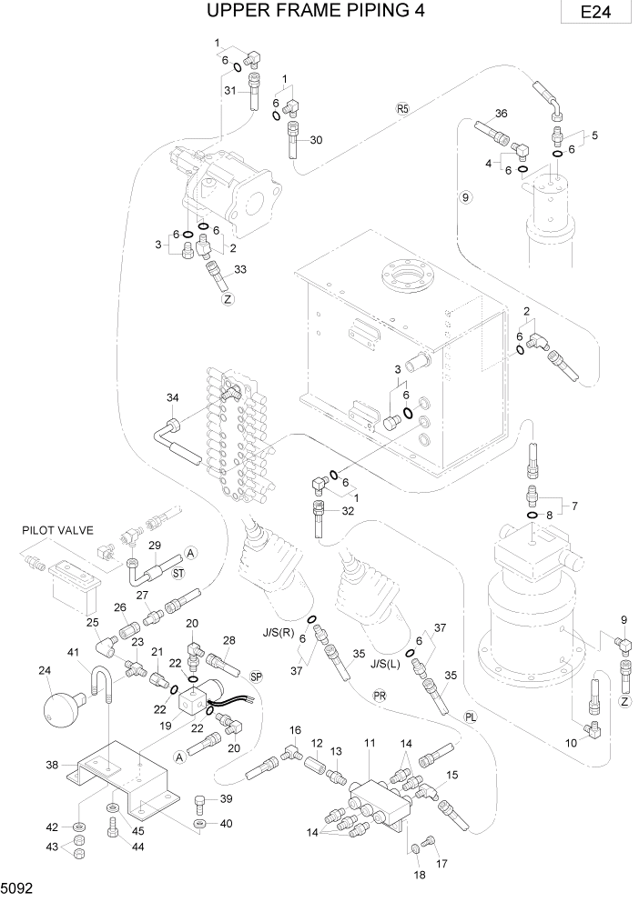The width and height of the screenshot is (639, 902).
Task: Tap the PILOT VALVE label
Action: [x=58, y=528]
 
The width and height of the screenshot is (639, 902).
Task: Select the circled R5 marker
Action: [x=404, y=108]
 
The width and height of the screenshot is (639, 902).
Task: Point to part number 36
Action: [x=500, y=114]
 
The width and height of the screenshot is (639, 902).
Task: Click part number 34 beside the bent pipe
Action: [x=172, y=397]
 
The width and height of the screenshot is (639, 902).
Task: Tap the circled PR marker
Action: [x=379, y=696]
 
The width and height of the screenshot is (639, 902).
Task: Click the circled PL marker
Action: [x=470, y=715]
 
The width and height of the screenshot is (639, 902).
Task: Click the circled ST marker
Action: [x=178, y=573]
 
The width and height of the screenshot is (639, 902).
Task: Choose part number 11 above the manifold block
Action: [x=370, y=743]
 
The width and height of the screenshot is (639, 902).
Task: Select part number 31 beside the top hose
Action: [x=230, y=90]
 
